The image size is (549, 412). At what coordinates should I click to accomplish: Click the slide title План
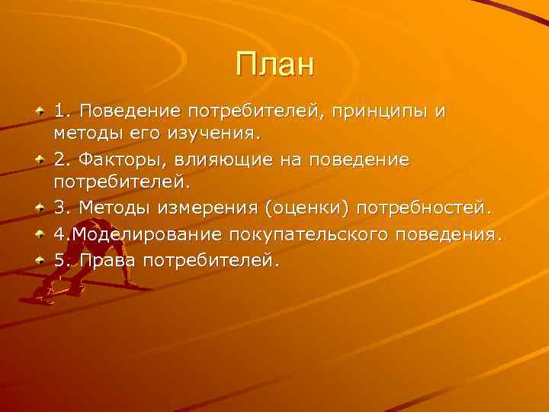(274, 64)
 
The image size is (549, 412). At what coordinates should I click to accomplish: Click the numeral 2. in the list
(63, 161)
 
